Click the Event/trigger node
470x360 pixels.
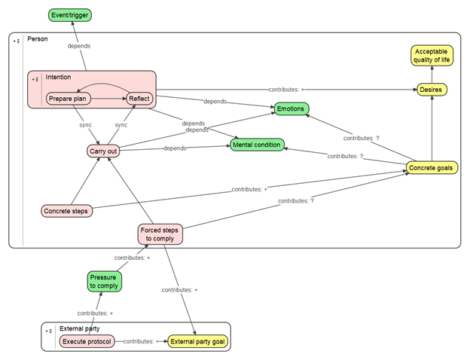pyautogui.click(x=71, y=14)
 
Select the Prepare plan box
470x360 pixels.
pyautogui.click(x=70, y=98)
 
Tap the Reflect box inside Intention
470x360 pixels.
pyautogui.click(x=139, y=98)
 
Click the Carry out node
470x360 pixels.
pyautogui.click(x=104, y=151)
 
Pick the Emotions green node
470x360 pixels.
pyautogui.click(x=291, y=109)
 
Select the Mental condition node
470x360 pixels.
pyautogui.click(x=257, y=144)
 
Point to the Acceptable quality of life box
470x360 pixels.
pyautogui.click(x=432, y=56)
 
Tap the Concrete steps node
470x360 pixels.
pyautogui.click(x=66, y=211)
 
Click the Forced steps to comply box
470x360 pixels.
pyautogui.click(x=160, y=233)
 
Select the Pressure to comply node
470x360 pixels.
pyautogui.click(x=105, y=282)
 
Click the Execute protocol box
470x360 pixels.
pyautogui.click(x=87, y=342)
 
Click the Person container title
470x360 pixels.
pyautogui.click(x=37, y=38)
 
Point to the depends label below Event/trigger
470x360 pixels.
pyautogui.click(x=79, y=46)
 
